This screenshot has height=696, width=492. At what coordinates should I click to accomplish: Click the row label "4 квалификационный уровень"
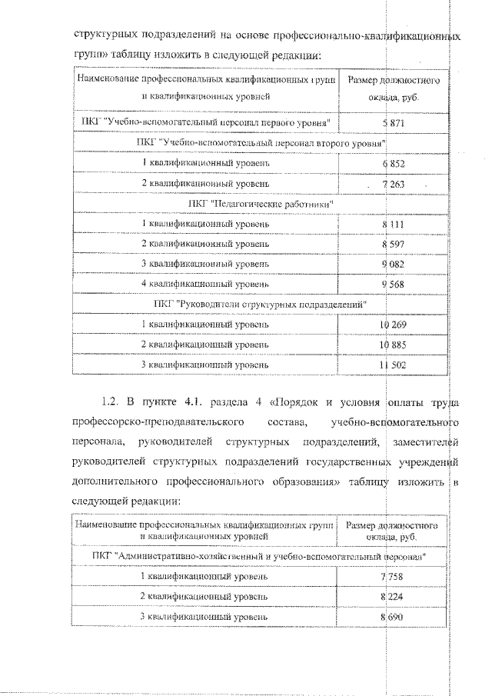[205, 284]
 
